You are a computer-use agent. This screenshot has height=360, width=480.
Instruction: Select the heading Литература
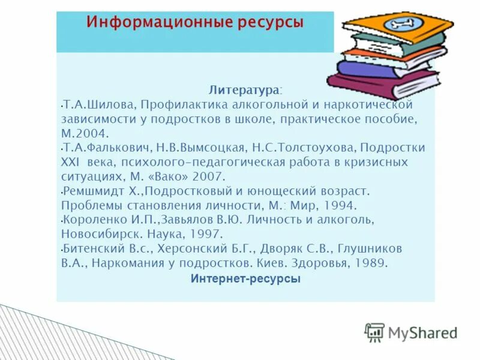point(244,90)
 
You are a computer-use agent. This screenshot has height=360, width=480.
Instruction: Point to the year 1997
point(208,234)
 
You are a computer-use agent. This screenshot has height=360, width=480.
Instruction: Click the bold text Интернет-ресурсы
point(245,279)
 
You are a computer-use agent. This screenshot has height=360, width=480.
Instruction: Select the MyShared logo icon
point(374,332)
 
